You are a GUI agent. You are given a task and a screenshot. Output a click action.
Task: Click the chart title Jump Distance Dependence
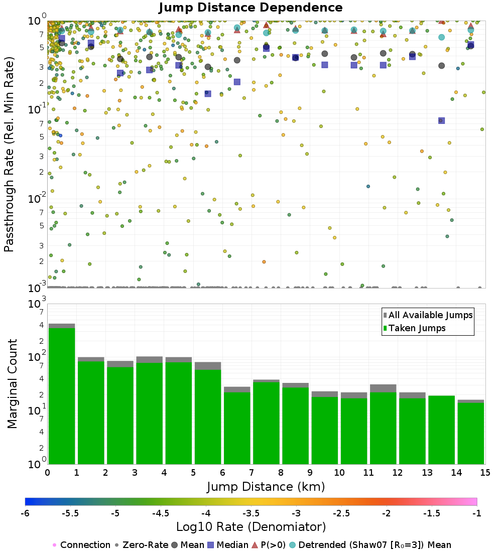[x=250, y=8]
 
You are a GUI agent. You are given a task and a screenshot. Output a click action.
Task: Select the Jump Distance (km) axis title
[x=266, y=486]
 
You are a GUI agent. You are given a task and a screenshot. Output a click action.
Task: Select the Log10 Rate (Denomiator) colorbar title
[x=251, y=527]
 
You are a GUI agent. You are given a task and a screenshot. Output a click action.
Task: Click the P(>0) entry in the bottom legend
[x=274, y=545]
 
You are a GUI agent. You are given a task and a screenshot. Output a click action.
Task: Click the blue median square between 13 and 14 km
[x=441, y=120]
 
